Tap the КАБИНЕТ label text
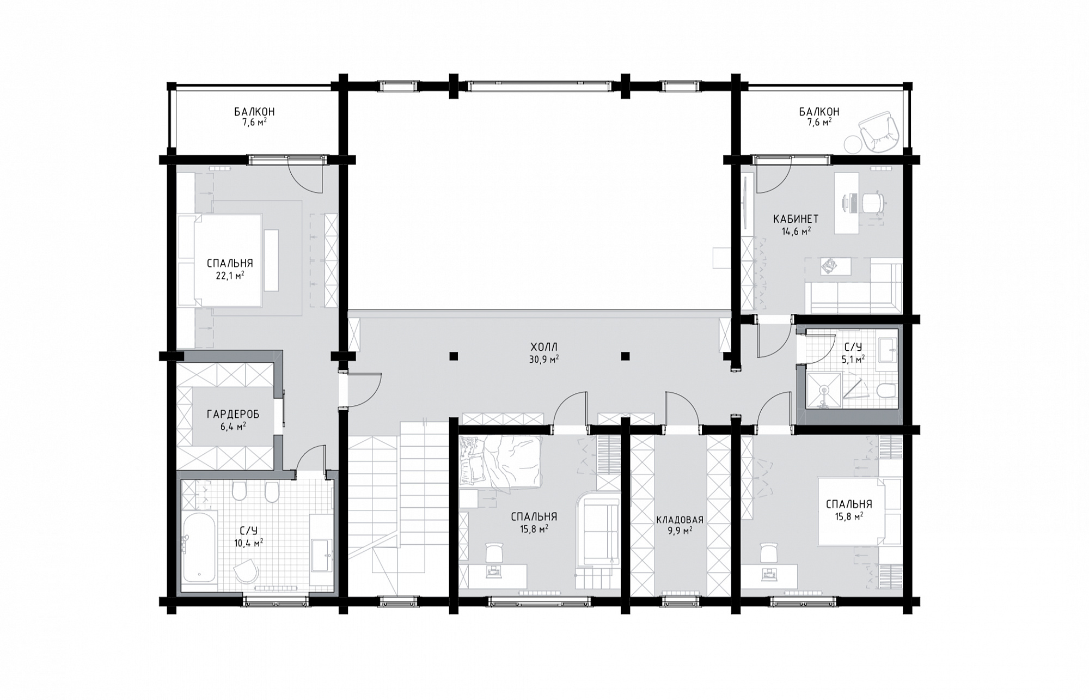click(x=796, y=219)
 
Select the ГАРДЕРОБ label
click(x=233, y=415)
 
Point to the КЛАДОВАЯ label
click(x=680, y=520)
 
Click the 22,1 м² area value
click(x=229, y=275)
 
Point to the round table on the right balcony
click(x=853, y=144)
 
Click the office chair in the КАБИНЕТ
click(x=871, y=203)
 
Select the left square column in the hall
click(x=454, y=357)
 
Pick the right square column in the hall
click(x=626, y=357)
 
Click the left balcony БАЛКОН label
click(x=254, y=112)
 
